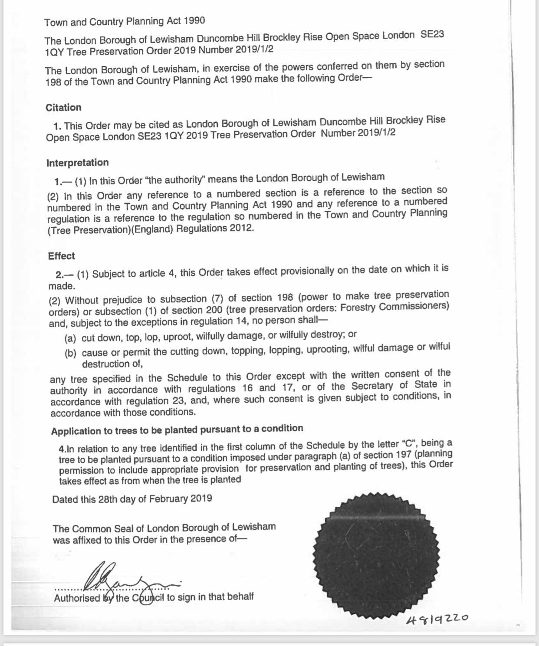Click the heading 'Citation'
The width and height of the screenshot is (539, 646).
(x=63, y=108)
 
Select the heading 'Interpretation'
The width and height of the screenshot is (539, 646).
(x=77, y=163)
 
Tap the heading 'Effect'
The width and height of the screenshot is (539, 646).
(x=61, y=256)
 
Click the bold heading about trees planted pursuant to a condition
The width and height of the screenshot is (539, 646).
(x=177, y=430)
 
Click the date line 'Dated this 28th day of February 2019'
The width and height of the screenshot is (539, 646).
(x=132, y=499)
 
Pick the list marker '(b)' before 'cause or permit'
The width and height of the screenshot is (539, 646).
(x=70, y=353)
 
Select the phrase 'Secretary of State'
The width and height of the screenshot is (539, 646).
(x=394, y=385)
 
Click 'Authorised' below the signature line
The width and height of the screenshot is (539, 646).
(x=77, y=598)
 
